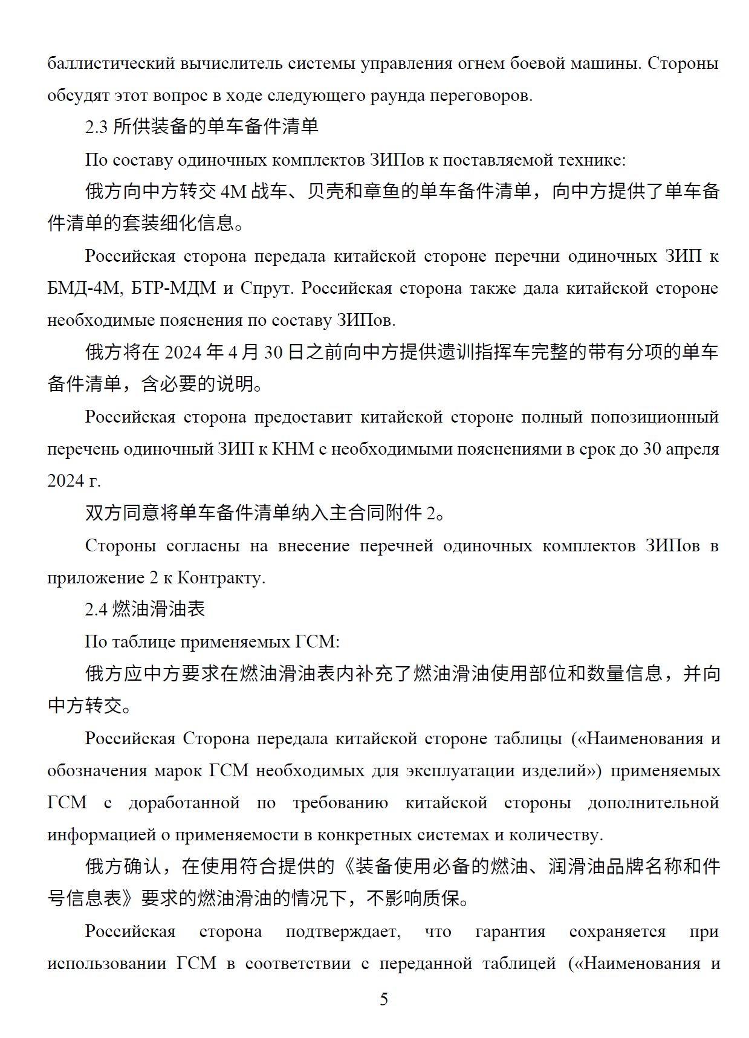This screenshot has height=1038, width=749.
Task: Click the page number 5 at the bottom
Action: [384, 999]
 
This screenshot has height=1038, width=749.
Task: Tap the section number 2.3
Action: [96, 128]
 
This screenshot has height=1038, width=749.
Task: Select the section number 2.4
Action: [96, 609]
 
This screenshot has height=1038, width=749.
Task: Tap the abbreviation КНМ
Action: [293, 449]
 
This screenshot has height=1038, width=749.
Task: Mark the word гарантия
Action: [510, 932]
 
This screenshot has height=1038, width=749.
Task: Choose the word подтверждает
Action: [343, 932]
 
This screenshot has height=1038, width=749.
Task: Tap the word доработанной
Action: [184, 803]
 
